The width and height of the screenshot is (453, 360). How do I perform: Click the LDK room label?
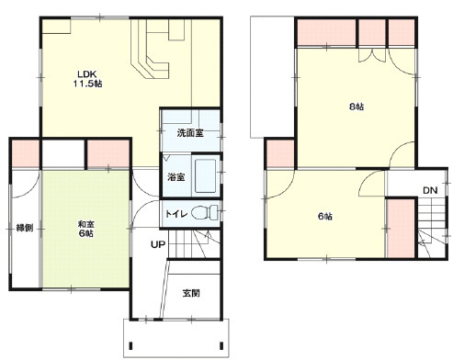[87, 74]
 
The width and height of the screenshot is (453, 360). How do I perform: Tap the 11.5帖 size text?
[87, 84]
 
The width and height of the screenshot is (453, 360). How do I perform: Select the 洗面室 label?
[190, 133]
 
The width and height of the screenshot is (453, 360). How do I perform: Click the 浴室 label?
[176, 177]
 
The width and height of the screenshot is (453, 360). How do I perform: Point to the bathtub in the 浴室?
[205, 175]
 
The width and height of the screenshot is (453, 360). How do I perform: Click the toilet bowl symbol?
[204, 212]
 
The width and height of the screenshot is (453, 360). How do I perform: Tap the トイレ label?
[176, 214]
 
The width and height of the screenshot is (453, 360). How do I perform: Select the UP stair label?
[158, 244]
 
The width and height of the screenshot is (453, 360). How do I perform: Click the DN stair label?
[430, 190]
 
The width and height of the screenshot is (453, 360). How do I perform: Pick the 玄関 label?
[191, 293]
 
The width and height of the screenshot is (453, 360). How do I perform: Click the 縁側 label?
[25, 228]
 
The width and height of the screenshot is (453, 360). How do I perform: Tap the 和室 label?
[86, 224]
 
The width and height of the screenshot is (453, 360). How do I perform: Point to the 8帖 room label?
[357, 107]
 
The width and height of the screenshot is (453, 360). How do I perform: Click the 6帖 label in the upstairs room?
[325, 217]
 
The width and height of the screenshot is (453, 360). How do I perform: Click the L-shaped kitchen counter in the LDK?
[150, 49]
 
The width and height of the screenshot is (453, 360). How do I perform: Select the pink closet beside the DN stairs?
[401, 229]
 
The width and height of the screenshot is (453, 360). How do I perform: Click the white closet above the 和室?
[63, 153]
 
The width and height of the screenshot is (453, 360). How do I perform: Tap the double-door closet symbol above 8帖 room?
[372, 56]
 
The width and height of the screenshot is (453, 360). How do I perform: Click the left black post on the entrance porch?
[130, 345]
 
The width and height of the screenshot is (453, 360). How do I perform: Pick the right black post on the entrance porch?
[221, 345]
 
